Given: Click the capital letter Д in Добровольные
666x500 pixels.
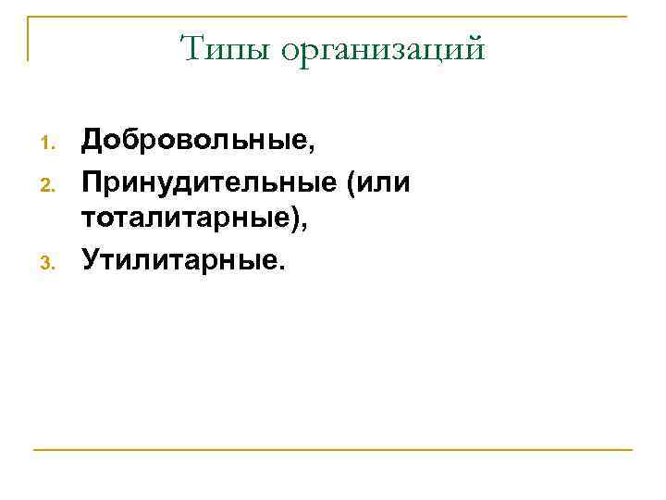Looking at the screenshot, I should coord(92,142).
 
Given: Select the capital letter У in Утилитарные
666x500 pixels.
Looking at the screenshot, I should coord(92,260).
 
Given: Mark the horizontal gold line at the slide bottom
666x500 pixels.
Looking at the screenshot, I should coord(333,450).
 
